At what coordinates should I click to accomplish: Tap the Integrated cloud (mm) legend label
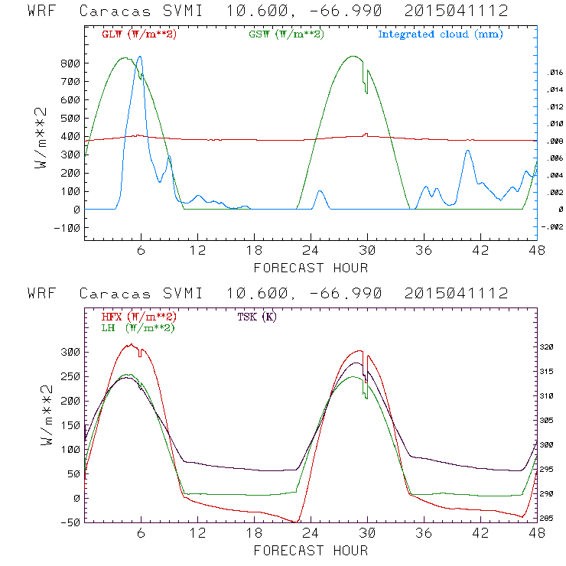pos(441,34)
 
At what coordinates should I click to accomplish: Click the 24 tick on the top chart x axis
pos(311,250)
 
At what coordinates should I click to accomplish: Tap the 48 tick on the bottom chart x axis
pos(535,533)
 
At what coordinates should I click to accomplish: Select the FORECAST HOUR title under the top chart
pos(311,268)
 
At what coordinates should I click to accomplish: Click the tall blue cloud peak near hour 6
pos(139,57)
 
